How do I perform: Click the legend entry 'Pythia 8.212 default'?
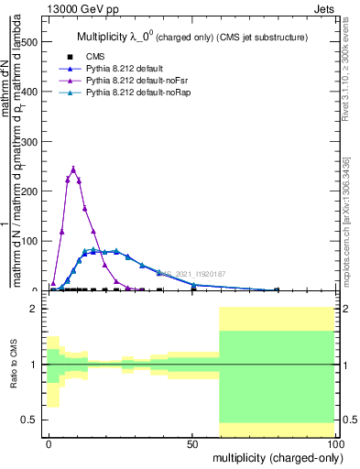click(125, 69)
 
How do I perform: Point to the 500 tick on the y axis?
click(29, 42)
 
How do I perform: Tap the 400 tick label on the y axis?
click(29, 92)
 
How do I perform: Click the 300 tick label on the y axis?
click(29, 141)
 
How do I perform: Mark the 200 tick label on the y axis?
click(29, 191)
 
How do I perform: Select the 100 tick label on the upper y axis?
click(29, 241)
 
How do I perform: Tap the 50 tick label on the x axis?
click(192, 442)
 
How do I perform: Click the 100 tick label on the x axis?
click(334, 442)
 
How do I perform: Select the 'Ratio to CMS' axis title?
click(14, 365)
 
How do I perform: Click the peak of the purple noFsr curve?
click(73, 168)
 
